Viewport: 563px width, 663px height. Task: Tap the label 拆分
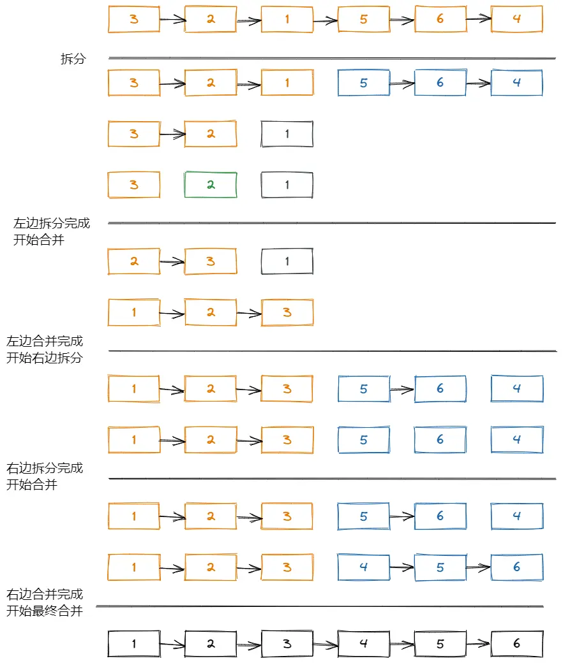click(73, 59)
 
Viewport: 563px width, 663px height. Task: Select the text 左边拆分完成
click(52, 223)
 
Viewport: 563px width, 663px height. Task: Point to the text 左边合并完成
click(45, 341)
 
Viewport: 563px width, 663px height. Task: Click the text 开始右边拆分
click(45, 358)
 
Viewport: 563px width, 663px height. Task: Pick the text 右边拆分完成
click(45, 468)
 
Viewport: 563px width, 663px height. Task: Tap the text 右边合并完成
click(45, 594)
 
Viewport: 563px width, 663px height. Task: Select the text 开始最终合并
click(45, 611)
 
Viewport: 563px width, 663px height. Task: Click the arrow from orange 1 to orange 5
click(326, 20)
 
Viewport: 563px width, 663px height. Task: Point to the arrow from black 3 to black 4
click(326, 645)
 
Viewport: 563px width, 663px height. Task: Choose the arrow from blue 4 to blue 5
click(402, 568)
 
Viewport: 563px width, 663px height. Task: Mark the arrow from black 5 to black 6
click(479, 644)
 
